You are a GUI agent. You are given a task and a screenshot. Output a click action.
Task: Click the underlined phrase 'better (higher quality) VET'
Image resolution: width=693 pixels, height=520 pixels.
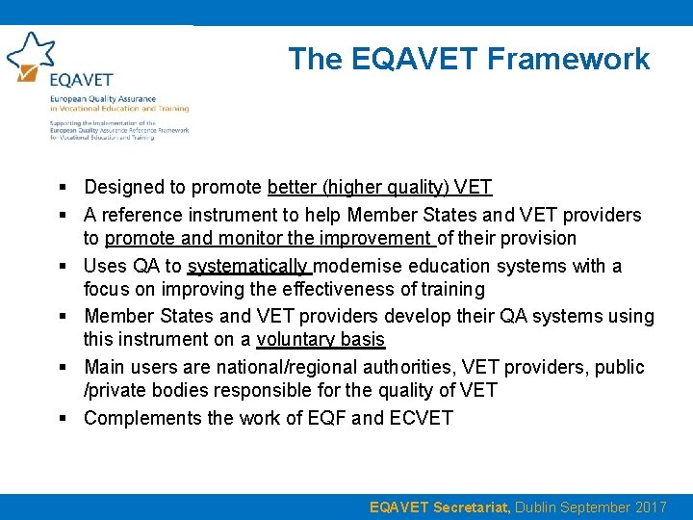tap(379, 187)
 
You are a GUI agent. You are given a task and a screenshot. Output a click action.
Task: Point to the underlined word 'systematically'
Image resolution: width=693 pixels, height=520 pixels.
tap(249, 266)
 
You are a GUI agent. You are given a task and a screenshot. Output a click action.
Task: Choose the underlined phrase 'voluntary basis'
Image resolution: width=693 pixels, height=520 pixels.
tap(321, 339)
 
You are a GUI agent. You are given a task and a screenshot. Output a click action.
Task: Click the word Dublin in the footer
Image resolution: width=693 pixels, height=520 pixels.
tap(550, 507)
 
